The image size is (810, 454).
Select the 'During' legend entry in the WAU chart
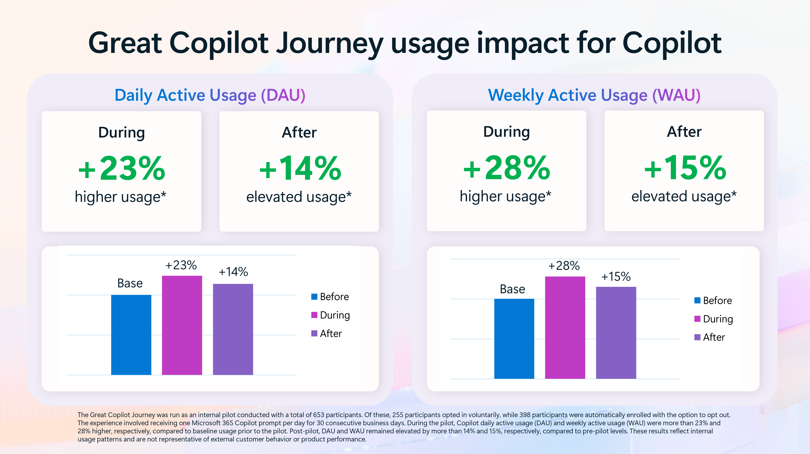click(x=714, y=319)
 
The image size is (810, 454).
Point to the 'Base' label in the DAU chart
click(x=130, y=283)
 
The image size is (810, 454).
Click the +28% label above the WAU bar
click(x=564, y=266)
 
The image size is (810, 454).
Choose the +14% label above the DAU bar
click(x=233, y=272)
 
